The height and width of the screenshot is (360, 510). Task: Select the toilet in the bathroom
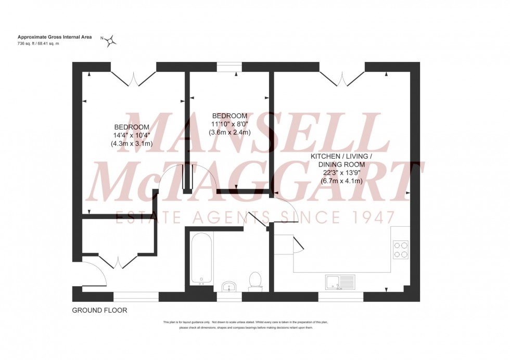coord(256,279)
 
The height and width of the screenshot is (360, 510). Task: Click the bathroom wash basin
coord(229,286)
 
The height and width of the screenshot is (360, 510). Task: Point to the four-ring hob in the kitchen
coord(401,250)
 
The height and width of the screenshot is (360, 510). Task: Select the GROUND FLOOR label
coord(99,310)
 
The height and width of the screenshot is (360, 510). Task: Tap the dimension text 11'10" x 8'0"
coord(229,124)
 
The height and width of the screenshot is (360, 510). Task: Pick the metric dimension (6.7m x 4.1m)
coord(342,181)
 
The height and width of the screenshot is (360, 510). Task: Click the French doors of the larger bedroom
coord(133,78)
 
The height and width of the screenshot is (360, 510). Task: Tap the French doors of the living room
coord(342,78)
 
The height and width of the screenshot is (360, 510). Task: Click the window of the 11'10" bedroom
coord(229,67)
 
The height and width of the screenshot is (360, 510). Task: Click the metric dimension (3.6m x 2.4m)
coord(229,132)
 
